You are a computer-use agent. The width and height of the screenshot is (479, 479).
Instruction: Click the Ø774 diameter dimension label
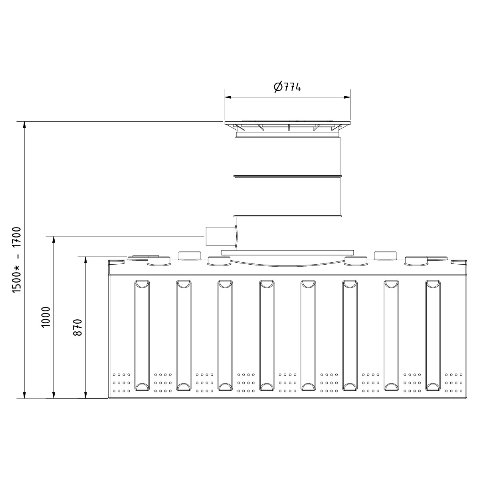(x=287, y=87)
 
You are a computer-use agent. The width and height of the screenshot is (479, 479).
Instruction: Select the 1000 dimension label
(x=46, y=317)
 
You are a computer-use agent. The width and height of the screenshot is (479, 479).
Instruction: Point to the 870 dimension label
(x=77, y=327)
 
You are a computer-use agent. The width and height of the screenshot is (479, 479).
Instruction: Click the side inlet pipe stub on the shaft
(x=220, y=236)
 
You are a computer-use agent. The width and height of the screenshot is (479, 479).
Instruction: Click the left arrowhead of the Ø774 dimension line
(x=228, y=97)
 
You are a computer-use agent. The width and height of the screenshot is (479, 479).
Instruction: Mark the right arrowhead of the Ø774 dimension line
(x=347, y=97)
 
